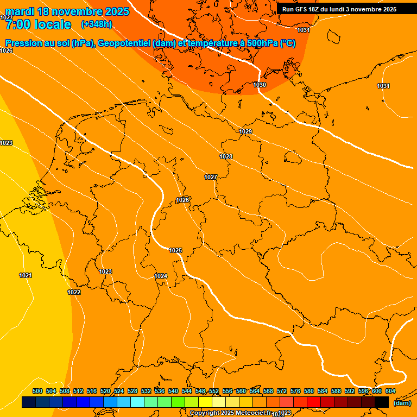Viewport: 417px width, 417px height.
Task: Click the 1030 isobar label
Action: (260, 85)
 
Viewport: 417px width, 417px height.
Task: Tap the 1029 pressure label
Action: (245, 131)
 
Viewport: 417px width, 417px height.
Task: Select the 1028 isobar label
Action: (226, 156)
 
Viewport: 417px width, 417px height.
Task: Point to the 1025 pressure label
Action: (175, 250)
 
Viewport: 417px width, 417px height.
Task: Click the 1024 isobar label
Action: (161, 276)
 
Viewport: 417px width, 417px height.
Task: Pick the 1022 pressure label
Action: (74, 292)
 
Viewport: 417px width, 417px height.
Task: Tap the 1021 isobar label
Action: (26, 275)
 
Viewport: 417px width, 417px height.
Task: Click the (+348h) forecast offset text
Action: (96, 24)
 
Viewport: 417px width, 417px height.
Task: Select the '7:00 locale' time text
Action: (38, 24)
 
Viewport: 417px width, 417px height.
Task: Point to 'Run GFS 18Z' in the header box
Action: (301, 9)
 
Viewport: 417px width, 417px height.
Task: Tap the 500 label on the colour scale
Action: (37, 391)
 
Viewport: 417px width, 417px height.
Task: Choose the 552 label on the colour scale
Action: (214, 391)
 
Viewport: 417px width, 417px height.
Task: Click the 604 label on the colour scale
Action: (390, 391)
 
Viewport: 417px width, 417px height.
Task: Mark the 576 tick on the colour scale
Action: (295, 391)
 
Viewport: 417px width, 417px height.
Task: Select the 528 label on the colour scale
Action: (132, 391)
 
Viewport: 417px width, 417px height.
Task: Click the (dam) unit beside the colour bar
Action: (402, 402)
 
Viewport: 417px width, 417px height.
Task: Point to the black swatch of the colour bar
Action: (382, 402)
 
